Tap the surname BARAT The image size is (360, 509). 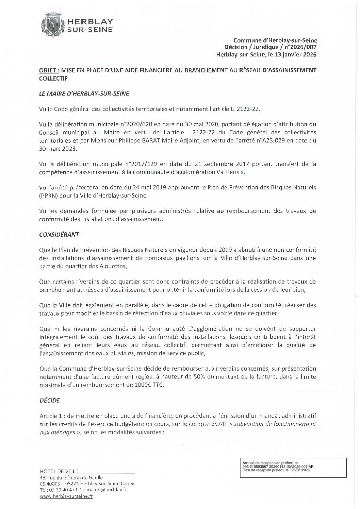pyautogui.click(x=163, y=140)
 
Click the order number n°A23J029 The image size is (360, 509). pyautogui.click(x=275, y=140)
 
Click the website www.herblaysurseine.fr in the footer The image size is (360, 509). pyautogui.click(x=66, y=496)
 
